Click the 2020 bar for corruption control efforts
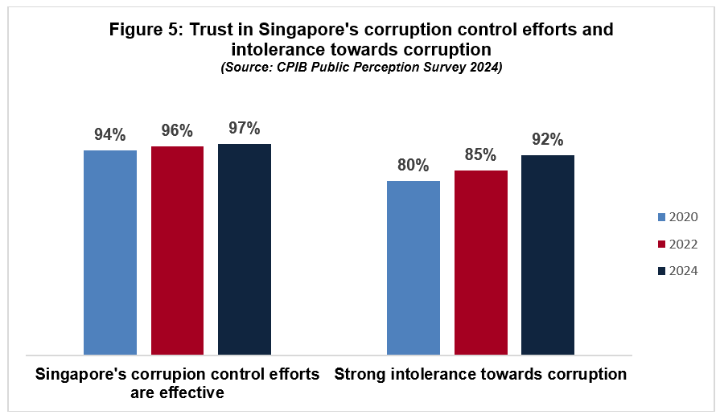tap(110, 252)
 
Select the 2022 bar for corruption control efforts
tap(177, 250)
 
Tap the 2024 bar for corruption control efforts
tap(245, 249)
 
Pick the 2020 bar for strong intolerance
tap(413, 267)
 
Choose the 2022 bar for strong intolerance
tap(480, 262)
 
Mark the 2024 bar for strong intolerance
tap(548, 254)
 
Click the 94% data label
tap(110, 135)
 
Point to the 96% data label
tap(177, 131)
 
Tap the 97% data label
tap(245, 129)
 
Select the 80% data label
tap(413, 166)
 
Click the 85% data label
tap(480, 154)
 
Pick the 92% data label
tap(548, 140)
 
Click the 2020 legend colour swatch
tap(662, 217)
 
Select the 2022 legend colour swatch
tap(662, 244)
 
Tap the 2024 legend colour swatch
tap(662, 271)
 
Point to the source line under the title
tap(361, 69)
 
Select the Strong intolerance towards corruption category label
tap(480, 375)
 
